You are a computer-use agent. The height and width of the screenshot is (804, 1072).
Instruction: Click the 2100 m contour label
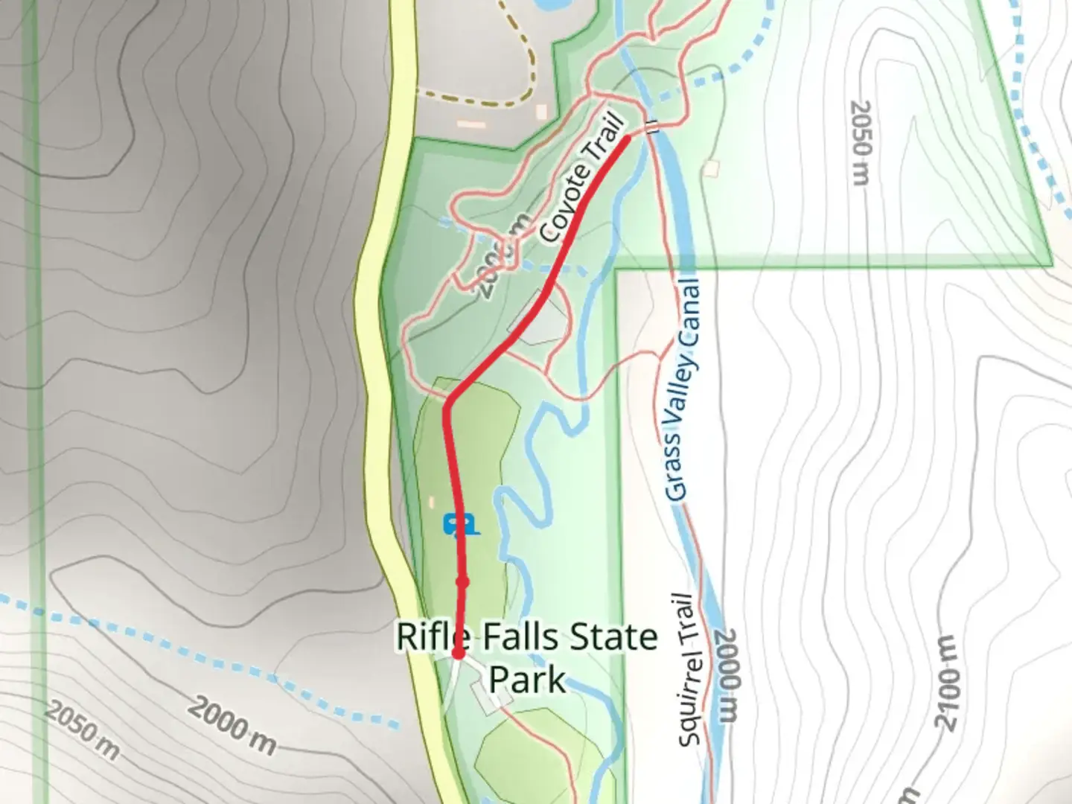pos(947,683)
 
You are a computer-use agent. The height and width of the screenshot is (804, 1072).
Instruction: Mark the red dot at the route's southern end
pos(458,654)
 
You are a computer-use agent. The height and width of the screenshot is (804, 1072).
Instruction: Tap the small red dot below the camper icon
pos(462,582)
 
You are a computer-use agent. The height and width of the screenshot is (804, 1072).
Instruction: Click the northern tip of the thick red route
pos(627,138)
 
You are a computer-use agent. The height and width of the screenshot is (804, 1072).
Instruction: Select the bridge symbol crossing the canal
pos(653,127)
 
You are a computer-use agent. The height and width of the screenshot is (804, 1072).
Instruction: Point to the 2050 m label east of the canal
pos(860,143)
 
